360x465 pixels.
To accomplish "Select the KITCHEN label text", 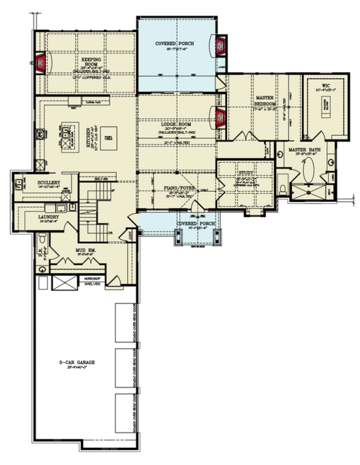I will click(x=90, y=135).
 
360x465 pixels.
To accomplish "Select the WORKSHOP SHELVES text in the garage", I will click(x=92, y=282).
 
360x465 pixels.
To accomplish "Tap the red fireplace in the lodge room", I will click(x=220, y=118).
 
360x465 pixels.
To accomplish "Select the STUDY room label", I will click(x=245, y=175).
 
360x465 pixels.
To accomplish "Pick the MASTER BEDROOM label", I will click(x=261, y=101).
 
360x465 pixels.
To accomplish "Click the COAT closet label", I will click(x=129, y=235).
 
